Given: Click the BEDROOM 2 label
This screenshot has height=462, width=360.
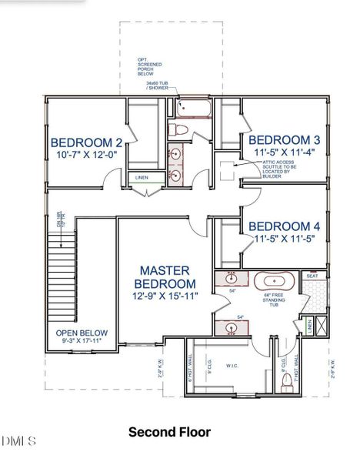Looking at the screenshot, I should (x=87, y=142).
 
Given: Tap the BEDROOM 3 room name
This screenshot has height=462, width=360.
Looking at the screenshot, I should (x=285, y=139).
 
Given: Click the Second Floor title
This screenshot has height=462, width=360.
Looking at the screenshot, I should (x=169, y=433).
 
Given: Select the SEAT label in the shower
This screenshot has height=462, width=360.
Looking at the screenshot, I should (x=312, y=276).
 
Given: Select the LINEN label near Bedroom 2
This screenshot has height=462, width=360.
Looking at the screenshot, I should (x=142, y=178).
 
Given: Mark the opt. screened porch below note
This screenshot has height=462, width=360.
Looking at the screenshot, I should (x=157, y=68).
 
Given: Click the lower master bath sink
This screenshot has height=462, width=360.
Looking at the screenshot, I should (x=231, y=329).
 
